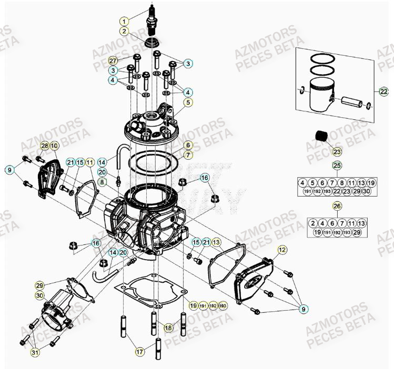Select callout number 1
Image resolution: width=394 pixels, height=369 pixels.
(124, 22)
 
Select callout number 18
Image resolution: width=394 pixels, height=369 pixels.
(168, 327)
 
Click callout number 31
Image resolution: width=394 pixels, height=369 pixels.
(34, 352)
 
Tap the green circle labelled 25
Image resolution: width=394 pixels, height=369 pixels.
(337, 166)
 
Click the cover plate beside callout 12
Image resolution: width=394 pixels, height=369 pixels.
(252, 279)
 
